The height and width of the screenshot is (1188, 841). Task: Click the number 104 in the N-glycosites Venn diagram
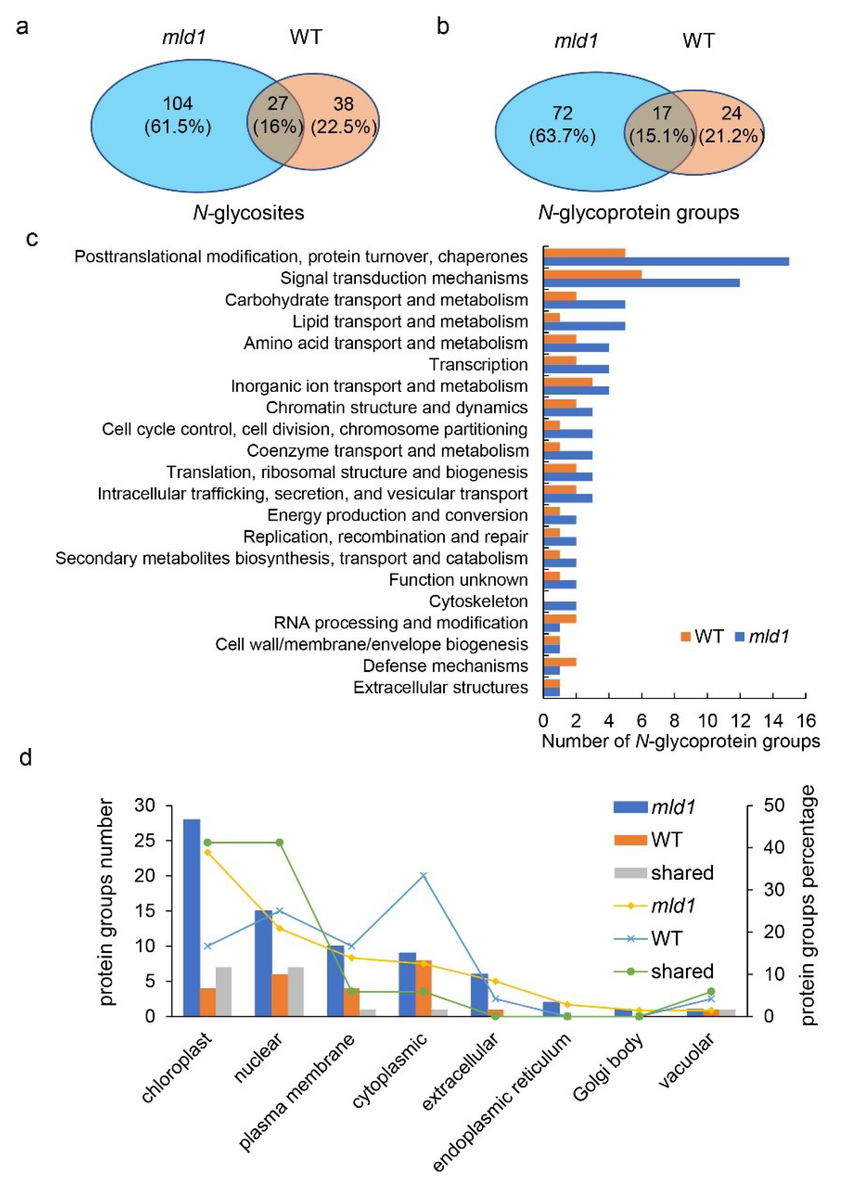178,104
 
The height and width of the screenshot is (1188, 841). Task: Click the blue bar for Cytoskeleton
560,606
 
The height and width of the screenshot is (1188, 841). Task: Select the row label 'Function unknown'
458,580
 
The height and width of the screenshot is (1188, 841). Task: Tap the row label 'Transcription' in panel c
478,365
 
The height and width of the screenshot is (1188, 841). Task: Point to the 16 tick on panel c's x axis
806,721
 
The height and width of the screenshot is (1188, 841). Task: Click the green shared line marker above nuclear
280,842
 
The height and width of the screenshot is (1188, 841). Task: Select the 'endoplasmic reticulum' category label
502,1102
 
